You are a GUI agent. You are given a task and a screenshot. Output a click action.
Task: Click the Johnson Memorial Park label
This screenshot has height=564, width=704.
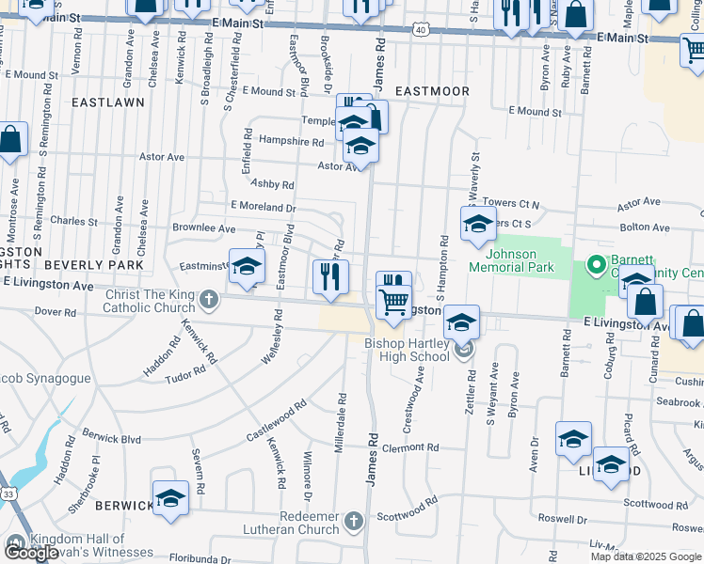point(511,260)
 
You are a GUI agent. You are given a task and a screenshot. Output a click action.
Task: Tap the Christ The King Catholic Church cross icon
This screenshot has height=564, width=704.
point(209,302)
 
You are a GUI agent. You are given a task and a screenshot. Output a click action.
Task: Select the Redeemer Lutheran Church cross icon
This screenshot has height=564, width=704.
point(353,520)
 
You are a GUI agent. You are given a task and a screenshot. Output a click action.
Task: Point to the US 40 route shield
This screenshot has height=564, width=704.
point(420,30)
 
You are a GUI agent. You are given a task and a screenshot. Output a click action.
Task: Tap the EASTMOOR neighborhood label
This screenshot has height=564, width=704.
point(432,91)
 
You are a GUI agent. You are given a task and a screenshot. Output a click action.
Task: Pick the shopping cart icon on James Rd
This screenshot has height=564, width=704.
point(393,302)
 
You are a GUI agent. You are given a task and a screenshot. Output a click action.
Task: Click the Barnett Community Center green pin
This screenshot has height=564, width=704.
point(594,265)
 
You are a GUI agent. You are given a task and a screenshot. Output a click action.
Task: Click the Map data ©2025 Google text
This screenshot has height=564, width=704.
point(646,556)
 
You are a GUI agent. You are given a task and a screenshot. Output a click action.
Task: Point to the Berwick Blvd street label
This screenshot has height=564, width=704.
point(111,439)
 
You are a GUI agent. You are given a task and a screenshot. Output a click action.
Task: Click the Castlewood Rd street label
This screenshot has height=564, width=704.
point(277,421)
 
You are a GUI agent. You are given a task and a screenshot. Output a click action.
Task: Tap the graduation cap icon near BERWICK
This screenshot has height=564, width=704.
point(170,497)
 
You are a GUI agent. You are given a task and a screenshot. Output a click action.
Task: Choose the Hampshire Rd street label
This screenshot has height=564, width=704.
point(291,143)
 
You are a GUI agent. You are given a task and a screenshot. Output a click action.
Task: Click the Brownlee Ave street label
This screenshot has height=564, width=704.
point(203,228)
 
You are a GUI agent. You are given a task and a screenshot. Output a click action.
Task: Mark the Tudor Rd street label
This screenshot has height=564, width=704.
point(185,373)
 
